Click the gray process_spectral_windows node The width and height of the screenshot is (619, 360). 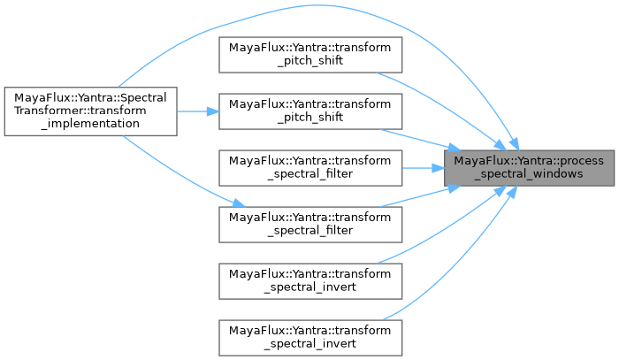[530, 168]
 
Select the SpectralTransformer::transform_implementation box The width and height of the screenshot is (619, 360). [90, 111]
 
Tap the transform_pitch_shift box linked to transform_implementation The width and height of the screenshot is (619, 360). [309, 111]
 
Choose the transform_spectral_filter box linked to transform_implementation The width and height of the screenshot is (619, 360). [309, 221]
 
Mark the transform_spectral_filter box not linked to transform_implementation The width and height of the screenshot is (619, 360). [309, 167]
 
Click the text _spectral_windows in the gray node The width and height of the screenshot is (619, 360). [530, 174]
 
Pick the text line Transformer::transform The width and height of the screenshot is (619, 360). [90, 111]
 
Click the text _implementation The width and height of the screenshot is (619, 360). [90, 124]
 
